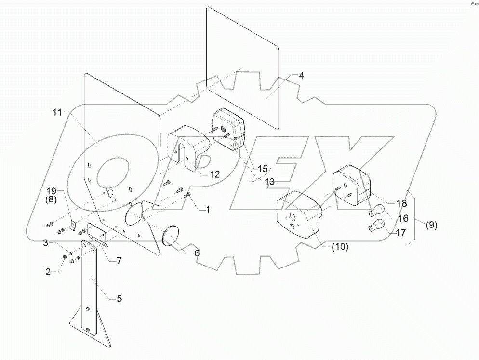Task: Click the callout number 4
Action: coord(301,76)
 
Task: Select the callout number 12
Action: coord(214,174)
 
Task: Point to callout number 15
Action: coord(263,169)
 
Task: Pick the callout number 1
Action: coord(208,210)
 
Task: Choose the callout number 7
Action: coord(119,261)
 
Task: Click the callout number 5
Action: coord(119,299)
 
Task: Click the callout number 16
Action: coord(403,219)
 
